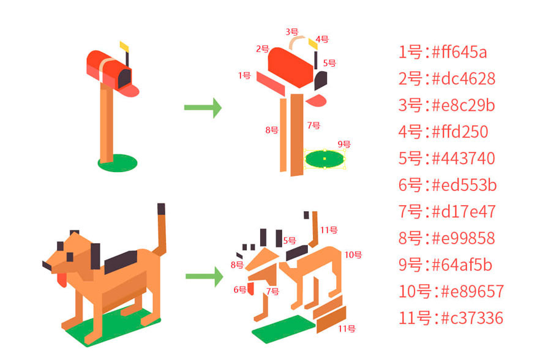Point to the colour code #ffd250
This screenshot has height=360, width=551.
pos(460,132)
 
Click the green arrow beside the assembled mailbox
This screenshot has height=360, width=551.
pos(203,108)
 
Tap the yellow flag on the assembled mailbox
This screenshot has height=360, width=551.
pos(124,45)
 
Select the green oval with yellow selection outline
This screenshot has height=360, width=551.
pos(324,159)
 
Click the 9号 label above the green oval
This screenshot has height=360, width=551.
pos(344,144)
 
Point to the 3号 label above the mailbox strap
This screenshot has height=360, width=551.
pos(292,31)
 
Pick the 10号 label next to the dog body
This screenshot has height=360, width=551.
pos(353,255)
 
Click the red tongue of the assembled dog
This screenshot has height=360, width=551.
pos(62,280)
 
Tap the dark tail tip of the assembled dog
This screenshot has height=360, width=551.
pos(161,209)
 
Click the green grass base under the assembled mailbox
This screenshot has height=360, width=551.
pos(117,163)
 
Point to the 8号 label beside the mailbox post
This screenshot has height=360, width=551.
pos(272,130)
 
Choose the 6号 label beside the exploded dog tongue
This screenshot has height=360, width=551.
pos(239,290)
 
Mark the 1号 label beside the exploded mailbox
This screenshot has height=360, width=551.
pos(244,75)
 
